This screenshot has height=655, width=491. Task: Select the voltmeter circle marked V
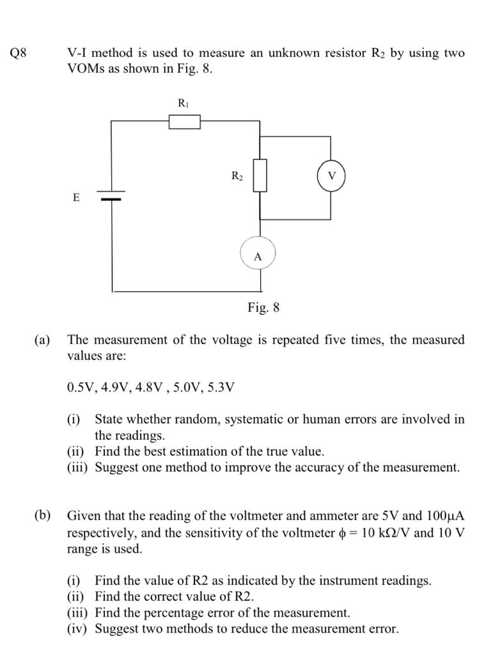331,175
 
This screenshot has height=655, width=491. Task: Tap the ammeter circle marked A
258,254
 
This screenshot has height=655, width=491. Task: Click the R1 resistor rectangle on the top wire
185,122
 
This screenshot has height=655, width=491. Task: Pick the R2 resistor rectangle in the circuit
260,176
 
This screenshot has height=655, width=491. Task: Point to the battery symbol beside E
111,194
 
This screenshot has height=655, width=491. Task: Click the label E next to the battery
76,198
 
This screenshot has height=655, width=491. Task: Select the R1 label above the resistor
183,102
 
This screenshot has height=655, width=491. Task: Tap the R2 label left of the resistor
237,176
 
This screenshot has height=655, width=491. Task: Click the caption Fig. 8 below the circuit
263,308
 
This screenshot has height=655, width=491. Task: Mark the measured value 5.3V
220,387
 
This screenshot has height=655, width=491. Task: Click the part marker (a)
42,340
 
